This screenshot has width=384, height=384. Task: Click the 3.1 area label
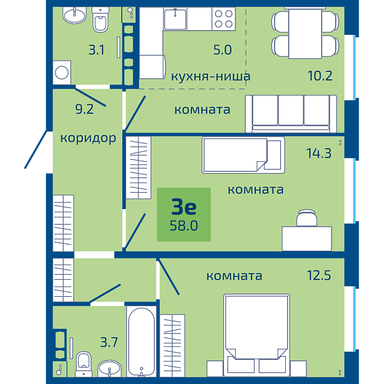coord(96,50)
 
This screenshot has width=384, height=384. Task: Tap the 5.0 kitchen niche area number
coord(222,50)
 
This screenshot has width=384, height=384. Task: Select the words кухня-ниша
coord(211,76)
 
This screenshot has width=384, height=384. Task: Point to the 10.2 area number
coord(320,76)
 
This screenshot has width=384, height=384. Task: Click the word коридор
coord(88,138)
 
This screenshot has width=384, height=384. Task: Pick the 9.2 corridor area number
coord(84,109)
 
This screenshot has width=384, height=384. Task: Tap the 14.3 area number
coord(319,153)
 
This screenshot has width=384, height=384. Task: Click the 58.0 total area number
coord(184,225)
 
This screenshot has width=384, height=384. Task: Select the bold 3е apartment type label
coord(184,207)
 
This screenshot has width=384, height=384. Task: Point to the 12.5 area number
coord(319,275)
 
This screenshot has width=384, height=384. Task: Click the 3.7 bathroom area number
coord(109,342)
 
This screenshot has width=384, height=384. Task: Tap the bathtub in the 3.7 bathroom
coord(142,341)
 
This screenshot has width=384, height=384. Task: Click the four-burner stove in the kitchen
coord(224,19)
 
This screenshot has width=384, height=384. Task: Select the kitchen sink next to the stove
coord(175,19)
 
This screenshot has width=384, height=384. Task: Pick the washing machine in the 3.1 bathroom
coord(62,72)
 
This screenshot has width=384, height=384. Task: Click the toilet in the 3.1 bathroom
coord(100,20)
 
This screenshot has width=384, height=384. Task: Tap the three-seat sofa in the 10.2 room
coord(291,114)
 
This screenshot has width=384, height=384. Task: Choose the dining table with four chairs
coord(305,33)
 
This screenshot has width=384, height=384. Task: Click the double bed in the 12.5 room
coord(257,336)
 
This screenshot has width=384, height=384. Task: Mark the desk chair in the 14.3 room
coord(307,218)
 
